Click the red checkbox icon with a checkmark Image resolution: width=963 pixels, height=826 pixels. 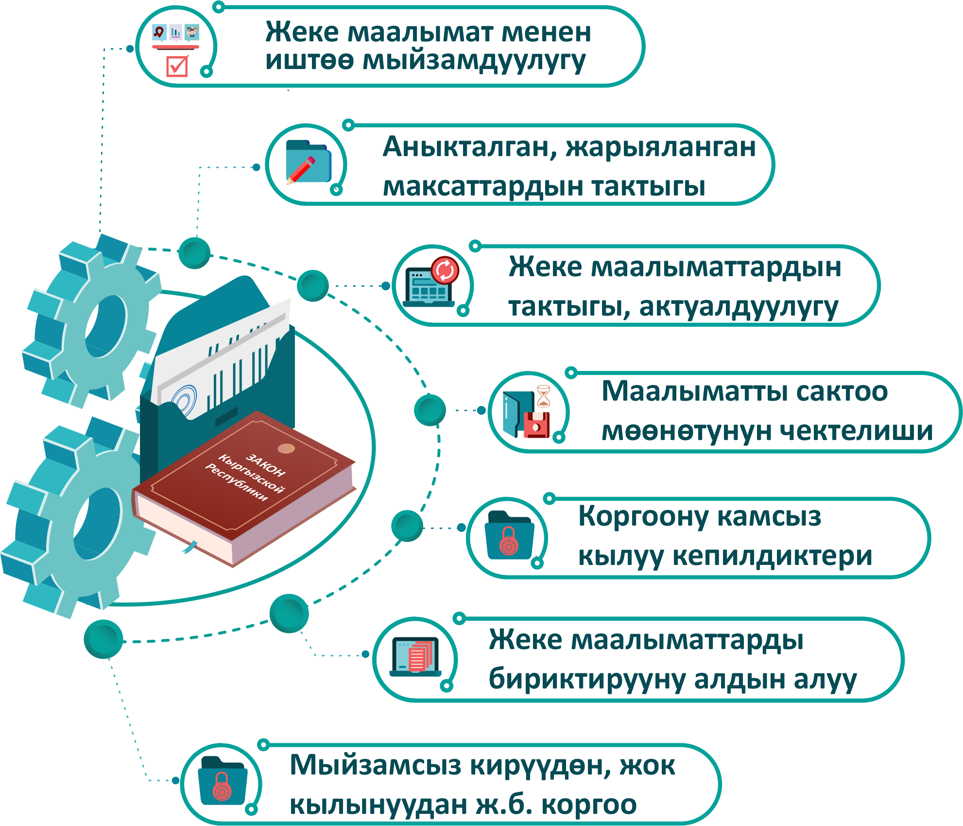177,66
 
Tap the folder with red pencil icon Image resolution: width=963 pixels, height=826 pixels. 308,162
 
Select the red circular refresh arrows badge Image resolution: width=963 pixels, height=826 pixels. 445,270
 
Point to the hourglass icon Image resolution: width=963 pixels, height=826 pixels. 544,396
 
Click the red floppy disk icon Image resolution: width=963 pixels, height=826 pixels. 536,424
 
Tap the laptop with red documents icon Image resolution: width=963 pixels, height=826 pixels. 415,656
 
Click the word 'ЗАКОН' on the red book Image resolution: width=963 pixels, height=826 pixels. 266,465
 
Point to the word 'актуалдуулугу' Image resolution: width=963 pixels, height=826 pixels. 739,307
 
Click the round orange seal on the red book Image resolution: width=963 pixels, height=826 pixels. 286,448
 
